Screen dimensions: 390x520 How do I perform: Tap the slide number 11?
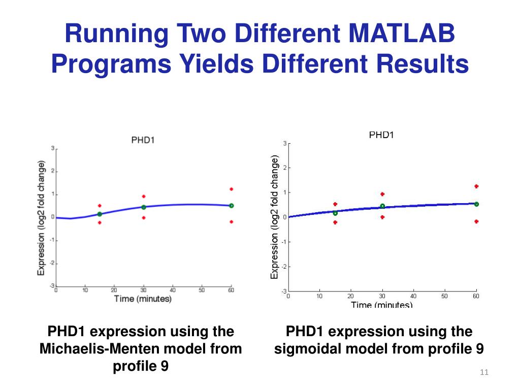(483, 373)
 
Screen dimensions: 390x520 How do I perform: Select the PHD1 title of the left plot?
(143, 140)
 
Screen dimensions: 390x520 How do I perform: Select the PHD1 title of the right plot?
(381, 135)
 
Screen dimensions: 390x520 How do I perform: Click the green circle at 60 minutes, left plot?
(231, 206)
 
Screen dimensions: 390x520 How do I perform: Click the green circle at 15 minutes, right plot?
(335, 213)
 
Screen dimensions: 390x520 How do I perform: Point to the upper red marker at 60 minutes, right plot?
(476, 186)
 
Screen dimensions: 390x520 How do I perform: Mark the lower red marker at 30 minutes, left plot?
(144, 218)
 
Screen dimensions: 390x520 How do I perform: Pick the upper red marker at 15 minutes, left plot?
(100, 206)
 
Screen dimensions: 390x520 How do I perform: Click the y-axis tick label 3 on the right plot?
(284, 143)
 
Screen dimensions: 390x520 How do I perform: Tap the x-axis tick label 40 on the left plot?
(173, 290)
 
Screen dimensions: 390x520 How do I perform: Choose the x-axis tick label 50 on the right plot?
(445, 296)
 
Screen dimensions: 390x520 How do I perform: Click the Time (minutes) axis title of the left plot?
(143, 299)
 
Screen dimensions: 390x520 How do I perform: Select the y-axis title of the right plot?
(275, 217)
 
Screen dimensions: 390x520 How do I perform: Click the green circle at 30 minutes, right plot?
(382, 206)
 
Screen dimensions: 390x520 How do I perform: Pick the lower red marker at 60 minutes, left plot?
(231, 222)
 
